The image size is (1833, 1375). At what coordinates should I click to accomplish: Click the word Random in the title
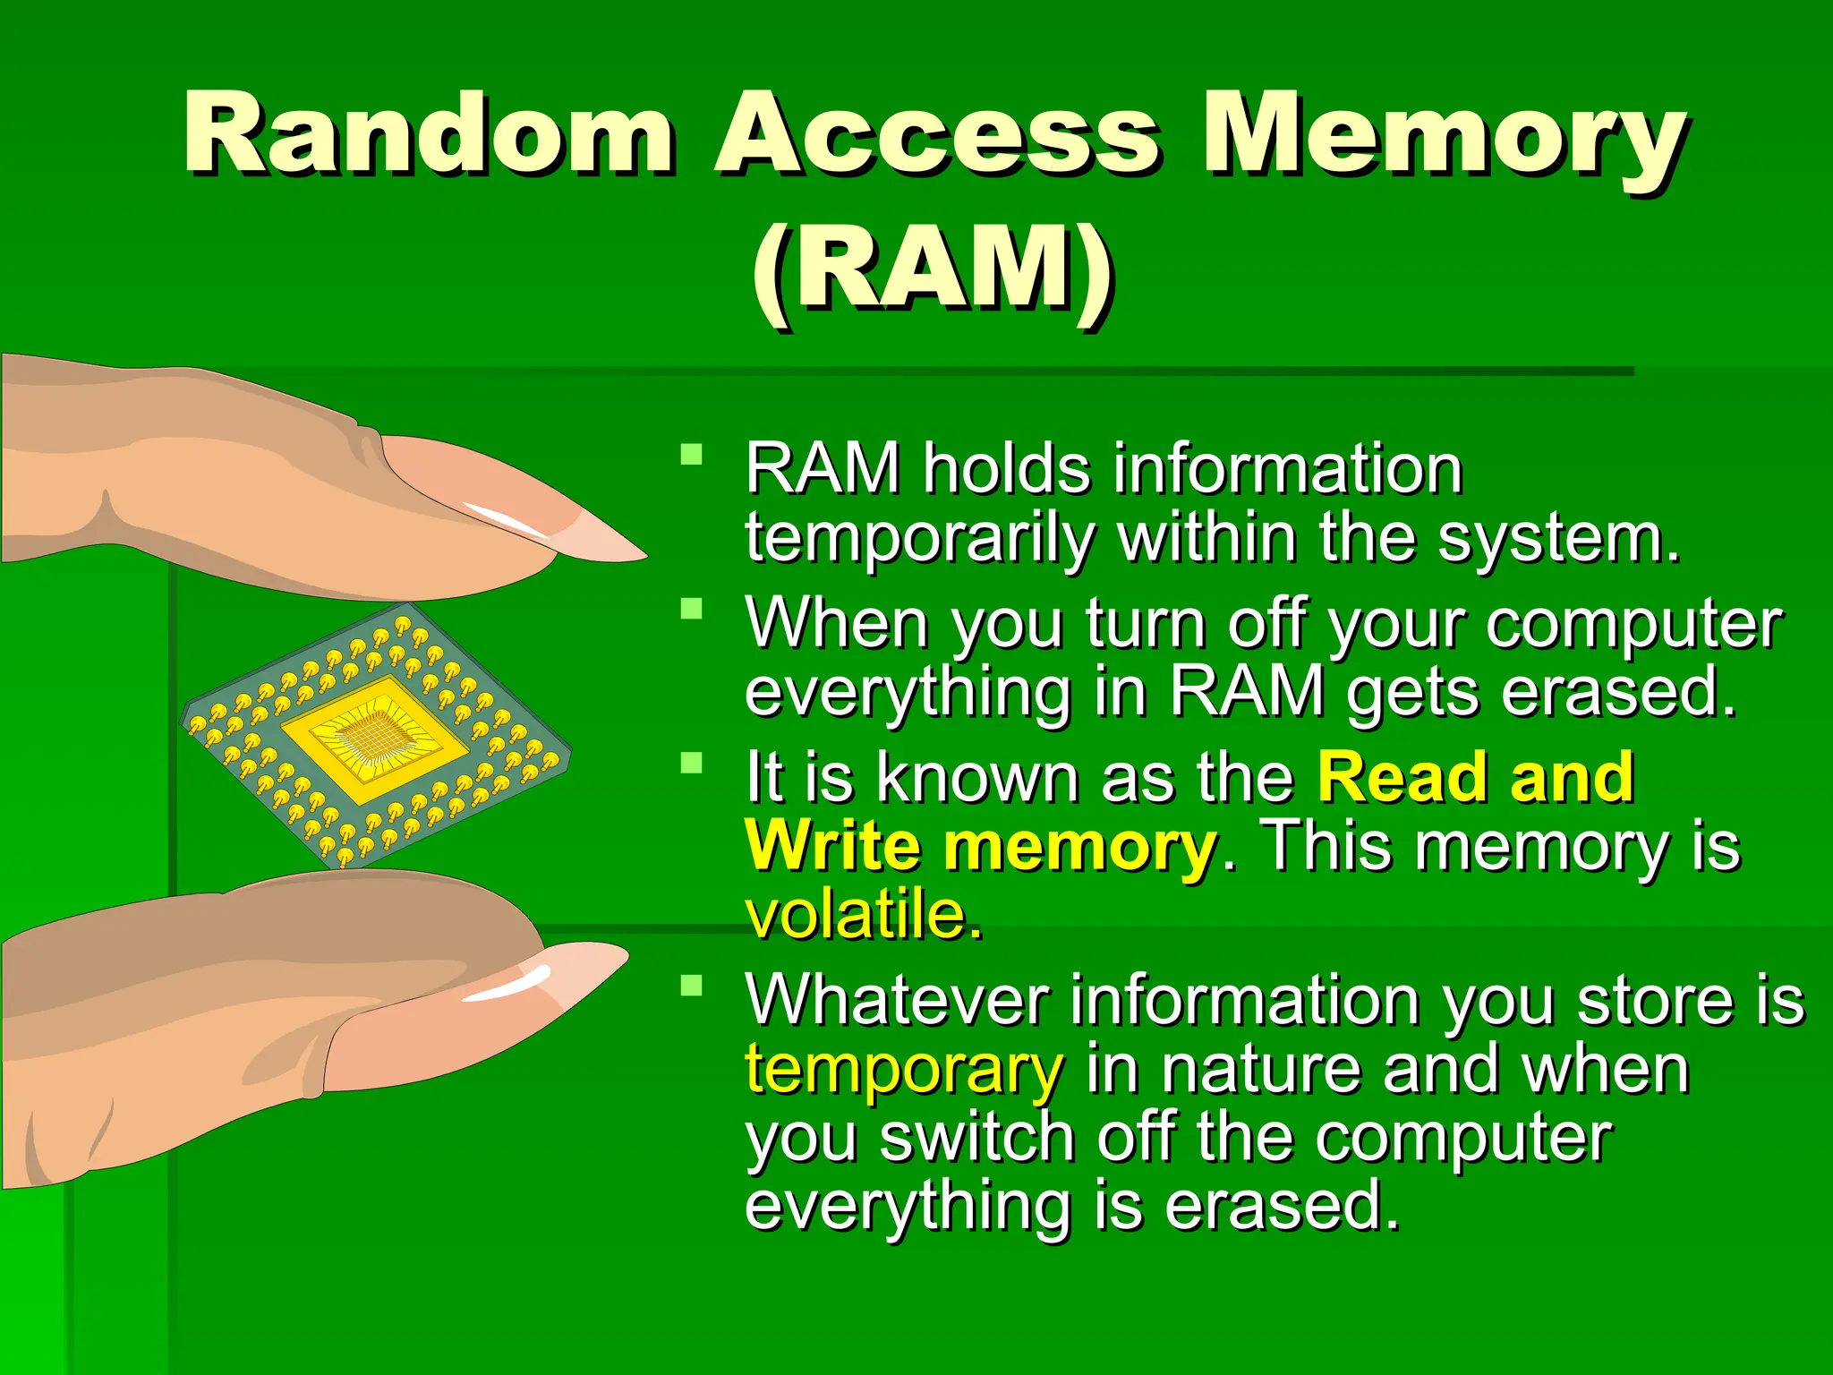pyautogui.click(x=428, y=134)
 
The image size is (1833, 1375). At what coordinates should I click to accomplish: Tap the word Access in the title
pyautogui.click(x=935, y=134)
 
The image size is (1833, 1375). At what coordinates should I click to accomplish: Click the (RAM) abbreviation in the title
pyautogui.click(x=933, y=269)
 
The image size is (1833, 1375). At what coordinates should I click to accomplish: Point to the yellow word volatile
pyautogui.click(x=864, y=915)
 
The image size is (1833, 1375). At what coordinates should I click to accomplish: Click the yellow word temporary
pyautogui.click(x=904, y=1069)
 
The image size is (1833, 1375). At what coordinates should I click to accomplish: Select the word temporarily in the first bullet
pyautogui.click(x=920, y=539)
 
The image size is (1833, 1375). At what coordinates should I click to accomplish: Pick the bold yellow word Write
pyautogui.click(x=832, y=846)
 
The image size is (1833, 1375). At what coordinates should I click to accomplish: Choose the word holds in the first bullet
pyautogui.click(x=1007, y=469)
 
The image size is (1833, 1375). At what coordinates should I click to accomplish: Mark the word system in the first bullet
pyautogui.click(x=1557, y=539)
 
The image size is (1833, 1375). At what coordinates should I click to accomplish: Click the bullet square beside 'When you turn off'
pyautogui.click(x=691, y=609)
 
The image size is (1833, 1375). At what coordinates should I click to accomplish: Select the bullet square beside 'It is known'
pyautogui.click(x=691, y=763)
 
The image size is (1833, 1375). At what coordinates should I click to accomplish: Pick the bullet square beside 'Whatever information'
pyautogui.click(x=691, y=986)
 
